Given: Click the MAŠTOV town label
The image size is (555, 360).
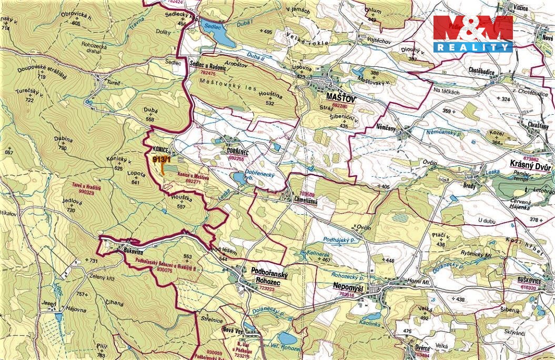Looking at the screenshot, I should [341, 98].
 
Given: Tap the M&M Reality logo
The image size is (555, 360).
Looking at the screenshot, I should [472, 34].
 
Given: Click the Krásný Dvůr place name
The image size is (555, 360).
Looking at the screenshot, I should [532, 164].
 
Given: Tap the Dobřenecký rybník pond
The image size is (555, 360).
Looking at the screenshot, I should [239, 179].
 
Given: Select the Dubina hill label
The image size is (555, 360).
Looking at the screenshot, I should [62, 140].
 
